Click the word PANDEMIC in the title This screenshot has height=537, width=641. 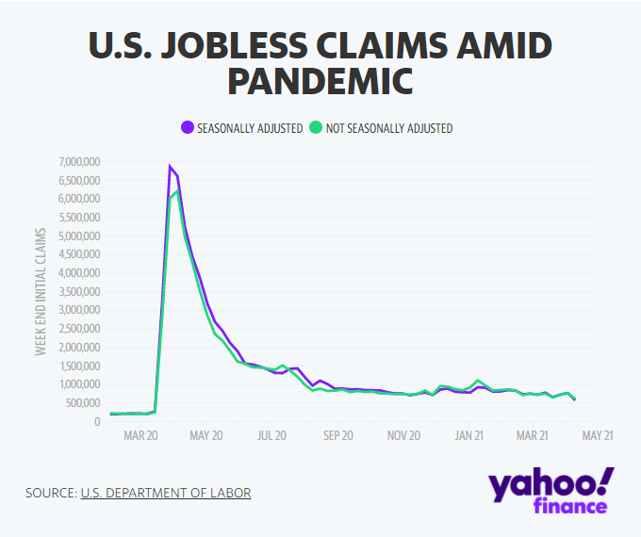(x=320, y=80)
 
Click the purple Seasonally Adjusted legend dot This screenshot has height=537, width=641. (x=188, y=128)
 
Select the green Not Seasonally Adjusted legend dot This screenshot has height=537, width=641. (x=317, y=128)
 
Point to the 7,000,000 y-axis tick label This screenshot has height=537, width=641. (x=79, y=162)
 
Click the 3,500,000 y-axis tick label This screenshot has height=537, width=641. (x=79, y=292)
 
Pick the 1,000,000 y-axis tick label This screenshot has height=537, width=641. (x=79, y=384)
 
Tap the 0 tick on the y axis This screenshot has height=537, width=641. (x=97, y=422)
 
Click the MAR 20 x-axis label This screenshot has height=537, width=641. (x=140, y=436)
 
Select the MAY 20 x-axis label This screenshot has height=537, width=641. (x=206, y=436)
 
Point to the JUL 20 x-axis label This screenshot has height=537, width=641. (x=271, y=436)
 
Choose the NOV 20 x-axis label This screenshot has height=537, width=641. (x=403, y=436)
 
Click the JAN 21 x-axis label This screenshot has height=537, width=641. (x=468, y=436)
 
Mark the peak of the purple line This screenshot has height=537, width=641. (x=170, y=167)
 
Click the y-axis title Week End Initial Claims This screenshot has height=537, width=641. (x=41, y=290)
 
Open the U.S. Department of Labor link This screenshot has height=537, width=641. (x=166, y=493)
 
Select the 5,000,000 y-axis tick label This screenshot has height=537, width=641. (x=79, y=236)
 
